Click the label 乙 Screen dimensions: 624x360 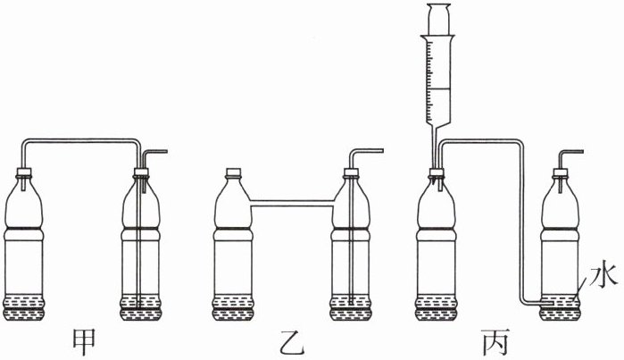click(290, 340)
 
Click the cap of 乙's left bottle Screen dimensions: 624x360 click(235, 173)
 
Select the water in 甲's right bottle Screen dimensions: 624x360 click(144, 306)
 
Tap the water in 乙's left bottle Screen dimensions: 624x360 click(235, 306)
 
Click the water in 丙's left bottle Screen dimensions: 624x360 click(440, 306)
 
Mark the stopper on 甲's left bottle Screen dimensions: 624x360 click(27, 173)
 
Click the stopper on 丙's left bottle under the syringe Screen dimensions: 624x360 click(438, 173)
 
